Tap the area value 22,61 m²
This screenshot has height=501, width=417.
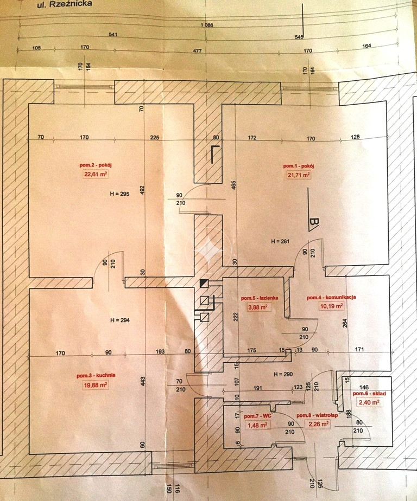[96, 174]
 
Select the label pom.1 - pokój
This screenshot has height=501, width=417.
[299, 166]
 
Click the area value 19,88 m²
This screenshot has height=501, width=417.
[96, 385]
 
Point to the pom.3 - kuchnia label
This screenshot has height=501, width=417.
[96, 375]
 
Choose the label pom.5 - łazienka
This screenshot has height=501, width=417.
[260, 298]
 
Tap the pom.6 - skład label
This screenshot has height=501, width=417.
[369, 394]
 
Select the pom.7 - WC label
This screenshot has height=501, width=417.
[257, 416]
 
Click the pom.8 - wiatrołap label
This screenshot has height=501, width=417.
[317, 415]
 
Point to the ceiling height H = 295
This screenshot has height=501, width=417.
[119, 194]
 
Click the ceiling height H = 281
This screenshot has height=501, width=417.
[280, 241]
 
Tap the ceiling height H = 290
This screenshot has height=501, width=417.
[283, 374]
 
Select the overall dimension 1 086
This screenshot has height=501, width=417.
[207, 25]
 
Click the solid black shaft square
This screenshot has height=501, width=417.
[204, 283]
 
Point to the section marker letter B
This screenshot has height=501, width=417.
[314, 224]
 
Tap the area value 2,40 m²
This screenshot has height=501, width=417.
[369, 402]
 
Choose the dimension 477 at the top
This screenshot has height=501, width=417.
[198, 50]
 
